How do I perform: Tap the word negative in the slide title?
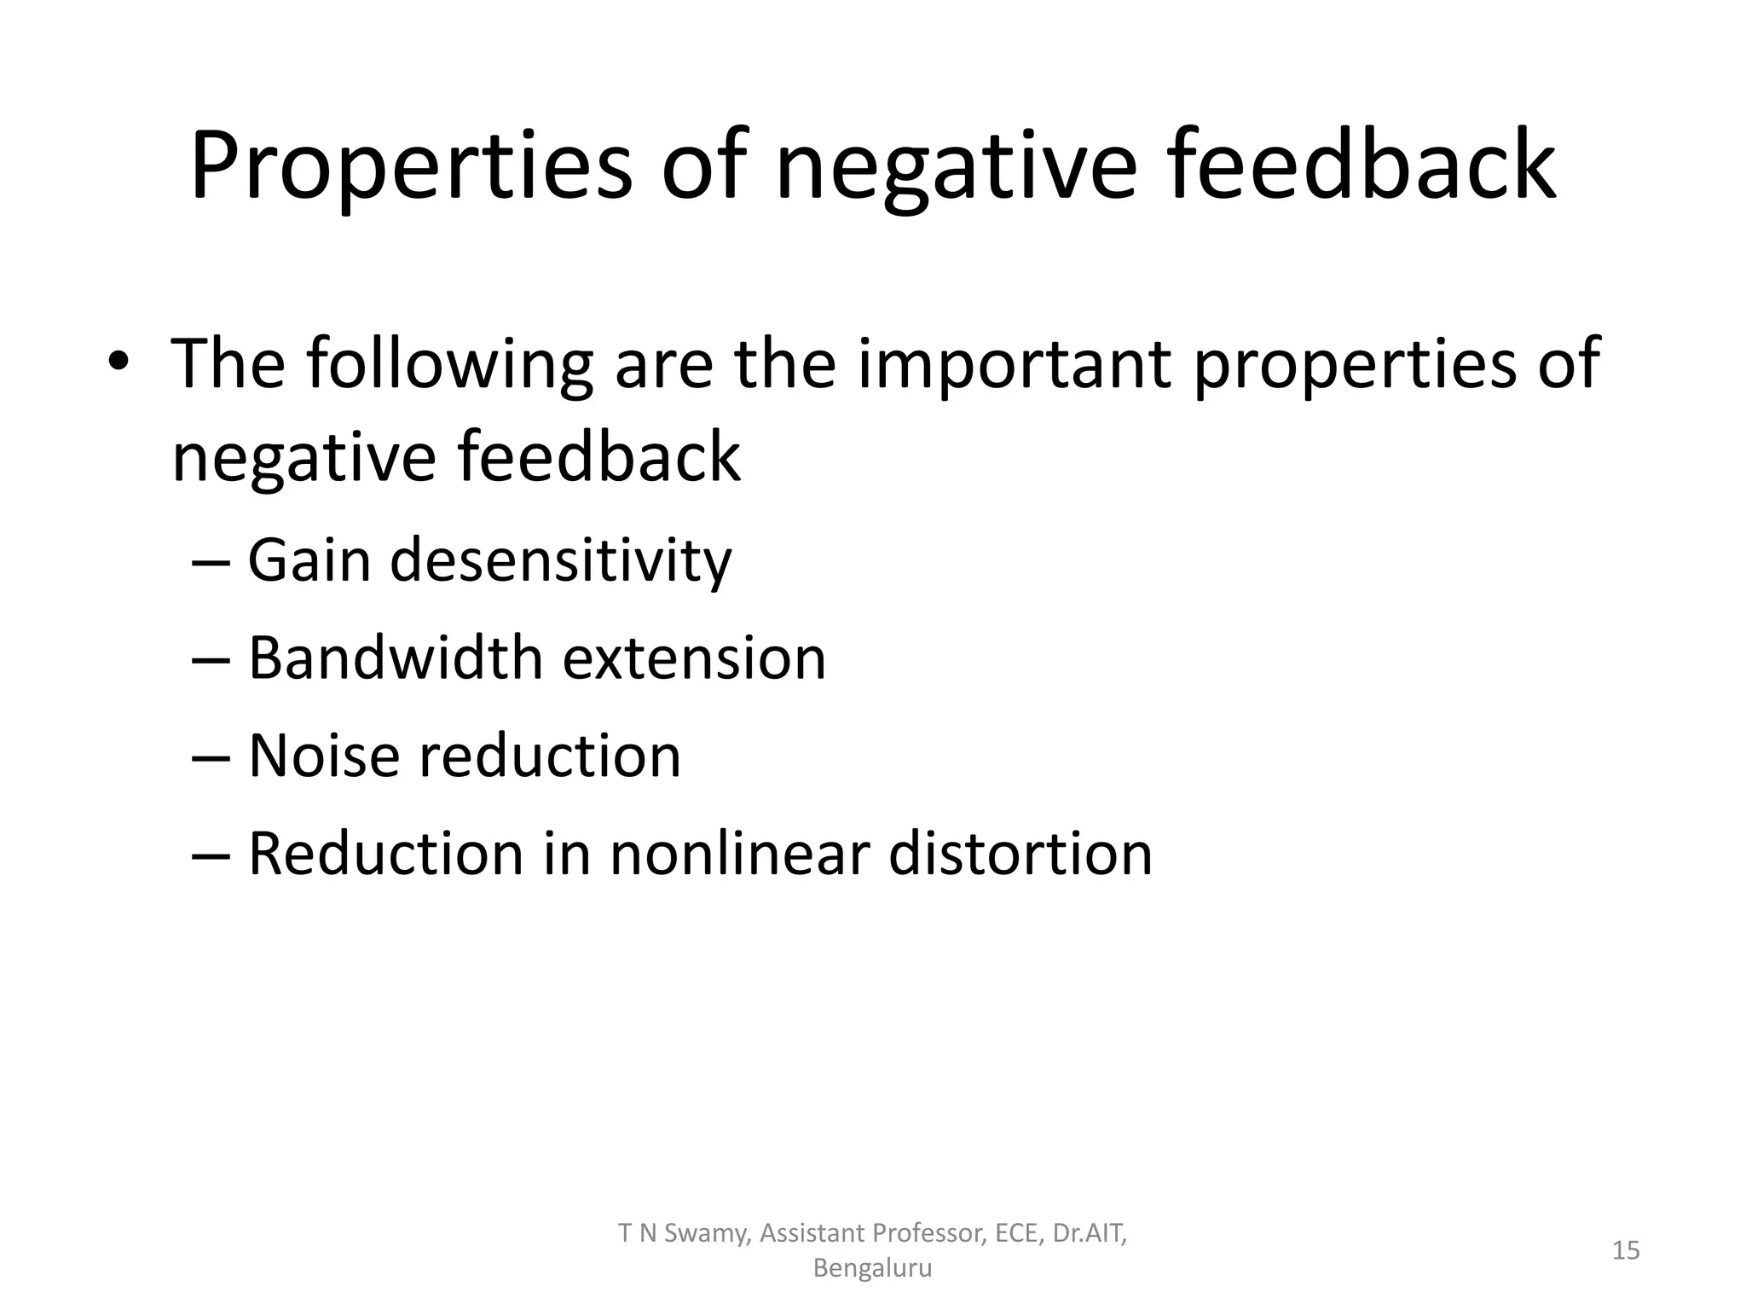(955, 166)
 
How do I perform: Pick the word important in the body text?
(1015, 364)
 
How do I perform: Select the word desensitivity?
(561, 560)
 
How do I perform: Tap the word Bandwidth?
(396, 658)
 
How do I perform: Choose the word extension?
(695, 658)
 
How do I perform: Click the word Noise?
(323, 756)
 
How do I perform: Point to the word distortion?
(1020, 853)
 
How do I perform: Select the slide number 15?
(1626, 1250)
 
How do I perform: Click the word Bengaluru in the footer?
(872, 1268)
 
